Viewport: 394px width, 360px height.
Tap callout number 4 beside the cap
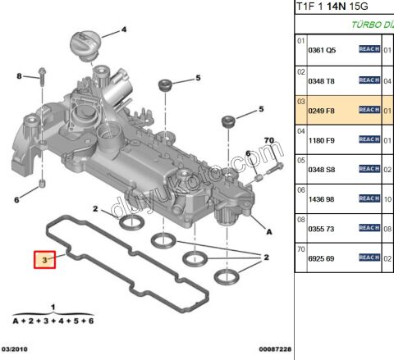tap(124, 30)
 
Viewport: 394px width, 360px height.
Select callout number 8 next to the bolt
tap(19, 77)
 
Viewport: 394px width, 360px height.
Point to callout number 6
tap(16, 199)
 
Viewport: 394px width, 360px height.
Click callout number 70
tap(268, 141)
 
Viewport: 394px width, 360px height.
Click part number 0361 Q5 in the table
tap(322, 50)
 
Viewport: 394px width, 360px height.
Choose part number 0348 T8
tap(322, 80)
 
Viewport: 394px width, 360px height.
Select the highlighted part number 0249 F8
tap(322, 110)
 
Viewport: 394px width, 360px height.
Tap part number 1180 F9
tap(322, 140)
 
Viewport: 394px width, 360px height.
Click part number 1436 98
tap(322, 199)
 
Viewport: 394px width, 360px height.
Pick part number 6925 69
tap(322, 258)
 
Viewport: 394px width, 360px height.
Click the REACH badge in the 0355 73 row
tap(369, 228)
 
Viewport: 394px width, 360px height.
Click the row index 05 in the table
tap(300, 161)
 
